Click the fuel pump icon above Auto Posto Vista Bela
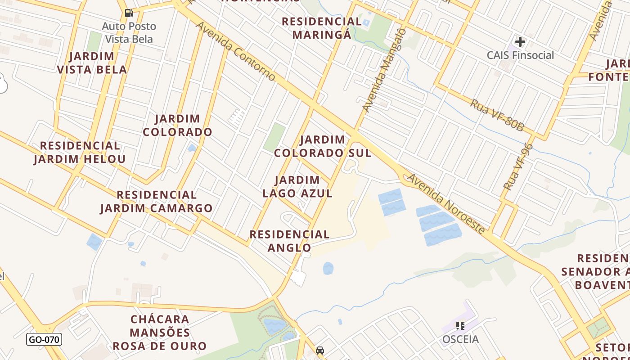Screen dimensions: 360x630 129,13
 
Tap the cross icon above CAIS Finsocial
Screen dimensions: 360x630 520,42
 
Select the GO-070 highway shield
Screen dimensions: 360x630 44,339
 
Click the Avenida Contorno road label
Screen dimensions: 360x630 235,51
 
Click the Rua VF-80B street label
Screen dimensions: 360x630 497,115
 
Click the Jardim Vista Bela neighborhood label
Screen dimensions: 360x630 92,63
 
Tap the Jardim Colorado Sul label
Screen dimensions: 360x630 323,146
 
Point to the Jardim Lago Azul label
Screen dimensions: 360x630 297,187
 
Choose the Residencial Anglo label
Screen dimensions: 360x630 290,241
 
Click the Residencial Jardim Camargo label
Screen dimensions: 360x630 156,201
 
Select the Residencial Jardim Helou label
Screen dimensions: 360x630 80,152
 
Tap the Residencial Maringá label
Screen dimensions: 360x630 321,28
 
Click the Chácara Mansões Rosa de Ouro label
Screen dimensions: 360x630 160,333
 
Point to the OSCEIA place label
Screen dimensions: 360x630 460,339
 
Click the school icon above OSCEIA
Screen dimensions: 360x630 460,325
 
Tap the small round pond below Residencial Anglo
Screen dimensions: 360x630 328,269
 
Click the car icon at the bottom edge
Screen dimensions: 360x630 320,351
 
